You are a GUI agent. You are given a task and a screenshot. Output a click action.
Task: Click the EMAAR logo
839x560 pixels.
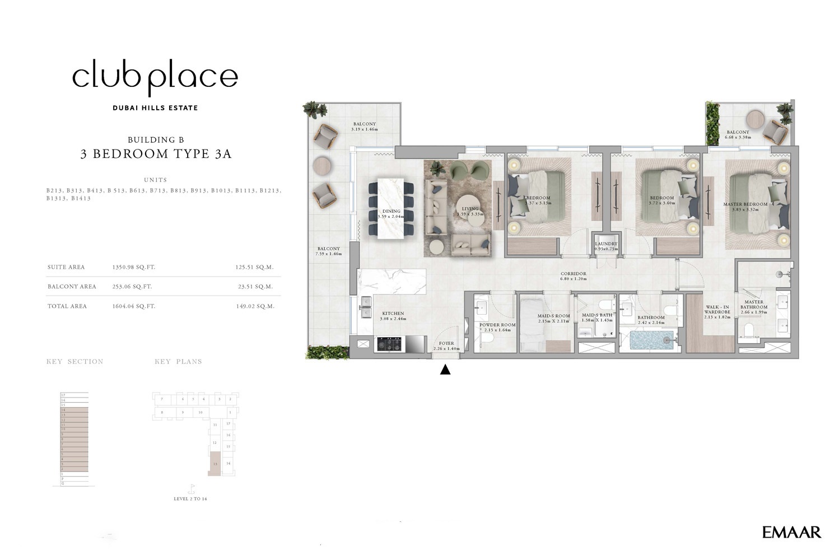pyautogui.click(x=791, y=532)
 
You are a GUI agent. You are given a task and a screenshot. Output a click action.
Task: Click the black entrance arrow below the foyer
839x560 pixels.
pyautogui.click(x=445, y=370)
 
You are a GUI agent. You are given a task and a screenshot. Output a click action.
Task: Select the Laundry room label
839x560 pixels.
pyautogui.click(x=606, y=244)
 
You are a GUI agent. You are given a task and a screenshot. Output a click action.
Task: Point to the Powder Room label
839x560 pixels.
pyautogui.click(x=497, y=325)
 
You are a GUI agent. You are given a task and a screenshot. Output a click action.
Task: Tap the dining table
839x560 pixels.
pyautogui.click(x=391, y=208)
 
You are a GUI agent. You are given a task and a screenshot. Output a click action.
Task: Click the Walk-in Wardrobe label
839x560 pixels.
pyautogui.click(x=717, y=310)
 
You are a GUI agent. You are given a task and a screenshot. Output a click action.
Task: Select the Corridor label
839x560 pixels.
pyautogui.click(x=573, y=274)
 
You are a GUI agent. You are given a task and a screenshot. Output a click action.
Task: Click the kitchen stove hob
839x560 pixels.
pyautogui.click(x=388, y=344)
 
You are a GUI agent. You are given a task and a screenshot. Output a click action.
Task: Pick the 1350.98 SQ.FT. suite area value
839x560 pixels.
pyautogui.click(x=134, y=268)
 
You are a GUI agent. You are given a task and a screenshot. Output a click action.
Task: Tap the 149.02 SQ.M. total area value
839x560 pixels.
pyautogui.click(x=255, y=306)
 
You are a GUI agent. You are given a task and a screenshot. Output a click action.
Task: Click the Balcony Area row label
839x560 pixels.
pyautogui.click(x=72, y=287)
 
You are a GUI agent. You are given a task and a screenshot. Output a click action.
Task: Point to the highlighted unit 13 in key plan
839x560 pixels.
pyautogui.click(x=215, y=465)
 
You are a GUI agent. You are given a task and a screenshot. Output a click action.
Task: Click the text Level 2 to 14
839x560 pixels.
pyautogui.click(x=190, y=499)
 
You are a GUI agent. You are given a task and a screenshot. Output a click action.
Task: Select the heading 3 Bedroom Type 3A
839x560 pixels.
pyautogui.click(x=156, y=154)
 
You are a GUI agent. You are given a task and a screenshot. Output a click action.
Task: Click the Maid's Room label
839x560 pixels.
pyautogui.click(x=553, y=316)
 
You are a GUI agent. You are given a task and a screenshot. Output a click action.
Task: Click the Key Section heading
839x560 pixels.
pyautogui.click(x=74, y=362)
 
